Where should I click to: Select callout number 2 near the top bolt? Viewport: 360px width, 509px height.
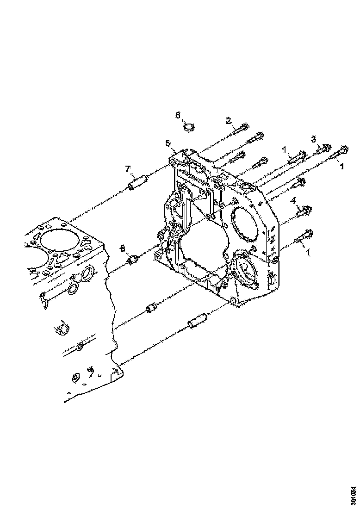228,121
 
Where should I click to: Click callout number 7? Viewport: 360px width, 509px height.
128,169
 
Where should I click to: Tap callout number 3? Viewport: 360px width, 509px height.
313,139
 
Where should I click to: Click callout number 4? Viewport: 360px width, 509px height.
292,200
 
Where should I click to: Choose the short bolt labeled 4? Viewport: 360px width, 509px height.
304,211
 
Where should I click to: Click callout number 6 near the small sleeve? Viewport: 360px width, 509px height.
123,248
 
